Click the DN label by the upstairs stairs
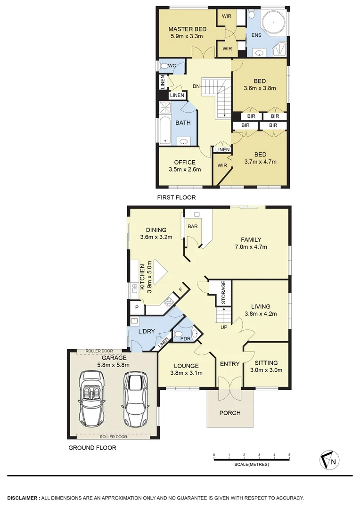click(196, 86)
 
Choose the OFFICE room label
click(185, 163)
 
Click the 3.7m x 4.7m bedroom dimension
click(260, 162)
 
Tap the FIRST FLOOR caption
click(176, 197)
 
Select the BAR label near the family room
click(192, 226)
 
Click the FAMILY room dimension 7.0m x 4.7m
click(251, 246)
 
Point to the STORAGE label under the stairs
click(224, 293)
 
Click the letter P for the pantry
click(137, 307)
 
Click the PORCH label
click(230, 413)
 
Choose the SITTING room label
click(266, 363)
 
